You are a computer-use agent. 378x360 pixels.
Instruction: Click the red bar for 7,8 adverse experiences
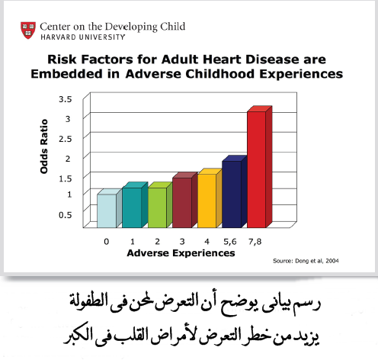click(x=255, y=169)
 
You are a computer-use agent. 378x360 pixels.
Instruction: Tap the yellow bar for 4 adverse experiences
click(x=206, y=201)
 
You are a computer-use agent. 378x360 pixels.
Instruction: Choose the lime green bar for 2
click(x=157, y=207)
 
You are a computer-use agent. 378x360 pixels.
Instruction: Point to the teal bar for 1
click(x=132, y=207)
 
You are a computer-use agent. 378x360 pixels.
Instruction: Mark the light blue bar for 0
click(x=107, y=211)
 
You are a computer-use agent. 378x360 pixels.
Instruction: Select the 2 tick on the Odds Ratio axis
click(x=69, y=158)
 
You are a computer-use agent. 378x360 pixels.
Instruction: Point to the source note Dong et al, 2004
click(x=304, y=261)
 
